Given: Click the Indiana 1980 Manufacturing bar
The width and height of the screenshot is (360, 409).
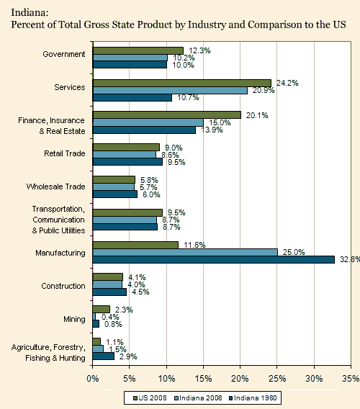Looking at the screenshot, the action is (214, 259).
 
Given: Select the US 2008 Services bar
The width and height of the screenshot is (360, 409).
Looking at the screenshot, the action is (182, 84).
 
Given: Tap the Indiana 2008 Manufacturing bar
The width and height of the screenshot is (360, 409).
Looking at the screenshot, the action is (185, 252).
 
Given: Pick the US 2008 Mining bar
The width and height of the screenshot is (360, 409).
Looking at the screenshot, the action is (102, 309).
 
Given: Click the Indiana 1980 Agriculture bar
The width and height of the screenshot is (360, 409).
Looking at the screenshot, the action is (104, 356).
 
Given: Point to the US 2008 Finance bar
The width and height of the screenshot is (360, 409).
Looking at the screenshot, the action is (167, 115).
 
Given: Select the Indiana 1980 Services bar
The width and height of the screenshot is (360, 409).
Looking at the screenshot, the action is (132, 97).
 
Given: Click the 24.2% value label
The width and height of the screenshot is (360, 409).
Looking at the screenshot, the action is (287, 84).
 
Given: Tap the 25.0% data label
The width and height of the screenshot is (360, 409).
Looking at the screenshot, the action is (294, 252).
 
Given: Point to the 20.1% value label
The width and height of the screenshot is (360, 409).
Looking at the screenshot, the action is (257, 115).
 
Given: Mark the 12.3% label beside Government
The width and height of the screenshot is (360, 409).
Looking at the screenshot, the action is (199, 50).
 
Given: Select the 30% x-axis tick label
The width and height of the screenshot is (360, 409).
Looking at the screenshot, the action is (315, 378).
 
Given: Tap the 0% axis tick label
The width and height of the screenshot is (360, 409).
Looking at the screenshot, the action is (93, 378).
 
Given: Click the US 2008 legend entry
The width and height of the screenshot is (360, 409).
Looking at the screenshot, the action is (150, 398).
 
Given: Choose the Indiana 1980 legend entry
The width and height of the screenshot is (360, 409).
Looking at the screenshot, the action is (253, 398).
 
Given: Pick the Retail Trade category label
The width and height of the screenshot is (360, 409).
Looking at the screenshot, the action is (65, 153).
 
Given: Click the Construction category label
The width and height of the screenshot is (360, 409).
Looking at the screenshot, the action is (63, 286).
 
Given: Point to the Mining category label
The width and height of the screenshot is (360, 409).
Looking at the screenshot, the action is (74, 319).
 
